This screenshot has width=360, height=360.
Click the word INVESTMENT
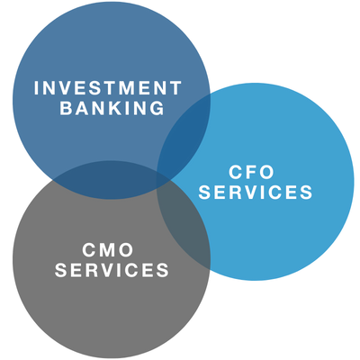click(108, 88)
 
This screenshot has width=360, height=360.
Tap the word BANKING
click(112, 108)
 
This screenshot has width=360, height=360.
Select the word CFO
click(251, 172)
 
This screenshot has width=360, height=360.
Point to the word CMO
click(108, 250)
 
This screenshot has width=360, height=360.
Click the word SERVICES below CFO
click(256, 192)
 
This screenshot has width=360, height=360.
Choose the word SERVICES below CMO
click(112, 270)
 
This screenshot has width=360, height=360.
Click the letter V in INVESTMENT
click(65, 88)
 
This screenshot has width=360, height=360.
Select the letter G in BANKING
click(157, 108)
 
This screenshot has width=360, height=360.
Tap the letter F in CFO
click(251, 172)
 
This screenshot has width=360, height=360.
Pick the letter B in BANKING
click(66, 108)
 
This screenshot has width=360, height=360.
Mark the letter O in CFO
click(266, 172)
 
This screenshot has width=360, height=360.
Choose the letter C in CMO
click(89, 250)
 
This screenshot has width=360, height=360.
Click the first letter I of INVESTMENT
click(36, 88)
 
